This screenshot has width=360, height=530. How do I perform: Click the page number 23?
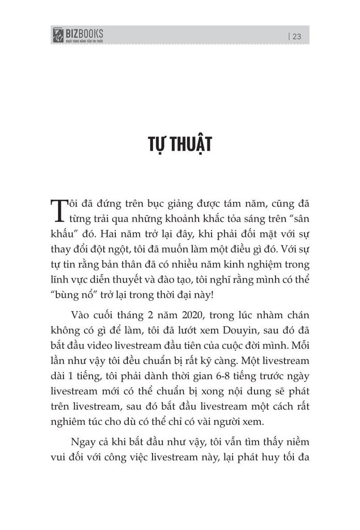297,36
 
